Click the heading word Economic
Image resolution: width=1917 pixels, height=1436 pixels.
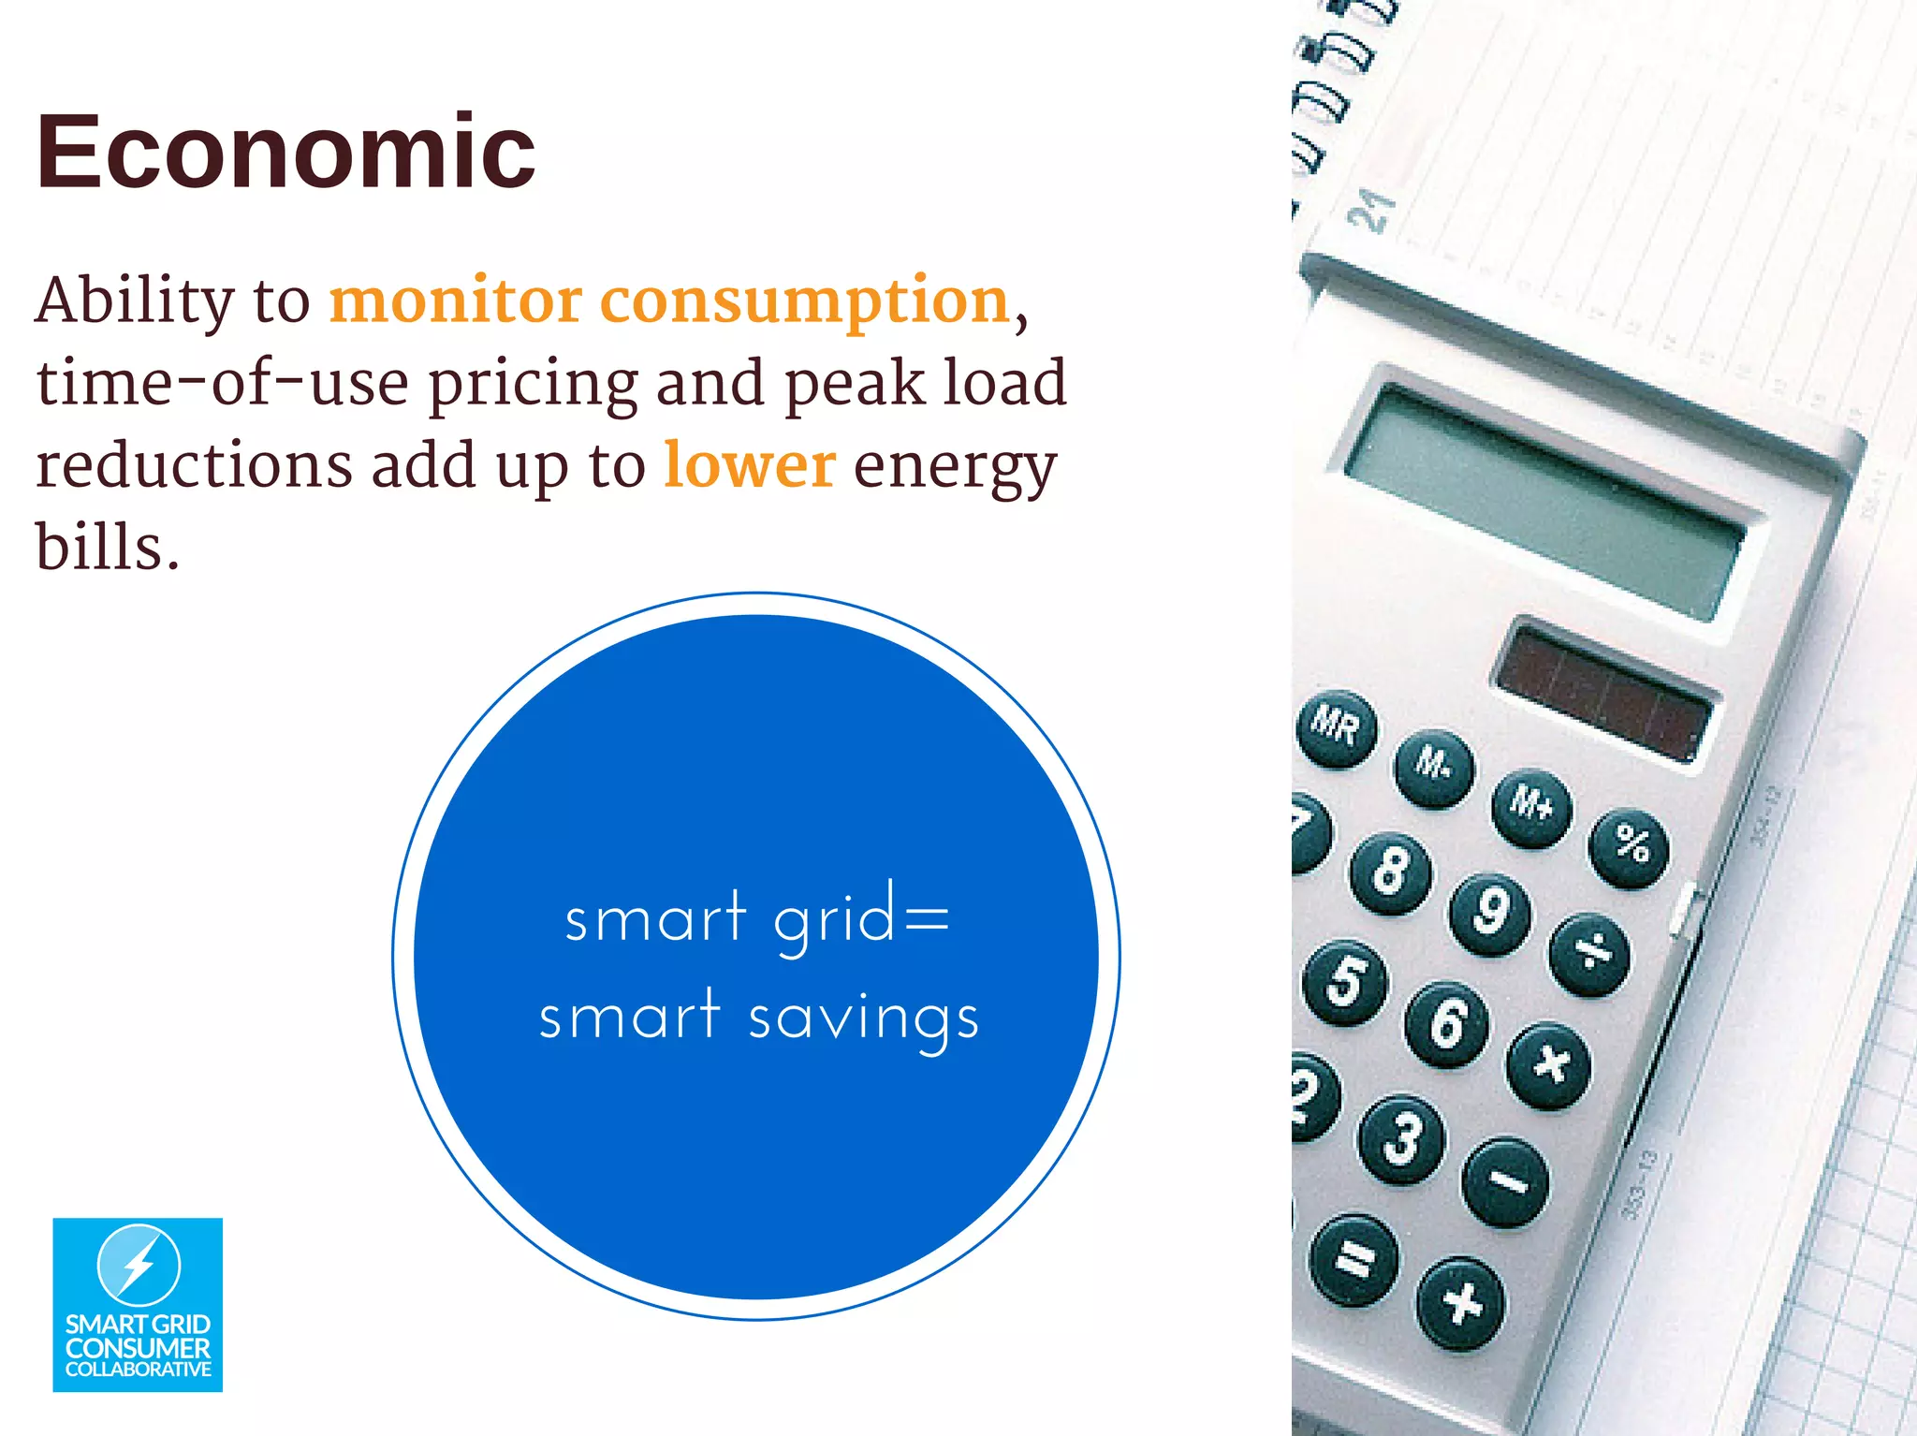pos(285,152)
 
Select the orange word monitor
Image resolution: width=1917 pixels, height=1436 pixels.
pos(456,301)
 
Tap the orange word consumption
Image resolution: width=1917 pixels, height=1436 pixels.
pos(804,301)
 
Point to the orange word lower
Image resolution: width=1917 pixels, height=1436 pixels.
pos(749,465)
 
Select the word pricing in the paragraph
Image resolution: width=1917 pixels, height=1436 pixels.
pos(533,384)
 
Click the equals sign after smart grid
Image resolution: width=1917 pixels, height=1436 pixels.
pos(928,918)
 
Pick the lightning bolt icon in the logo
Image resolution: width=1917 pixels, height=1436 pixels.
pos(139,1265)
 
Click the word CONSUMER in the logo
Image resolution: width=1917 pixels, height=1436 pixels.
pos(138,1349)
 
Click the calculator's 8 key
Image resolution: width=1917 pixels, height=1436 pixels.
pos(1390,872)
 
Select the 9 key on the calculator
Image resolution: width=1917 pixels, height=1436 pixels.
pos(1490,913)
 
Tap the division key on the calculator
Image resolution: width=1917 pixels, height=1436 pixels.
pos(1589,954)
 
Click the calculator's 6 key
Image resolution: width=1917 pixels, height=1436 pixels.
pos(1446,1023)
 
